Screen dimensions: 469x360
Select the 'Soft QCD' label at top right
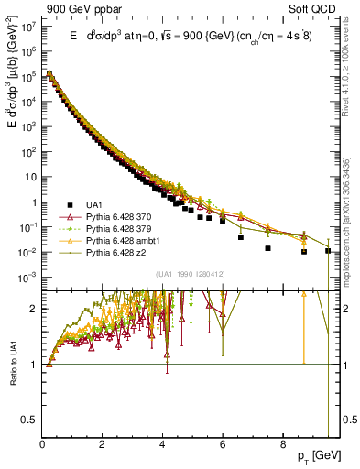point(316,7)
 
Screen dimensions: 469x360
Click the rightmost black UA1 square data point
point(329,250)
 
